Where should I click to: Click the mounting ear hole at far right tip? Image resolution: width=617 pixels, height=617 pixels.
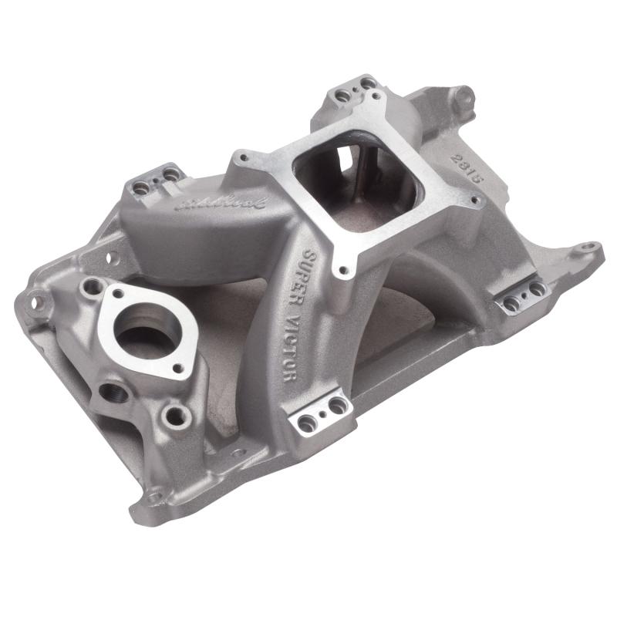pos(588,249)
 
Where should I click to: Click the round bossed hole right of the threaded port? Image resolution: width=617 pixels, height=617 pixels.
pos(176,417)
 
